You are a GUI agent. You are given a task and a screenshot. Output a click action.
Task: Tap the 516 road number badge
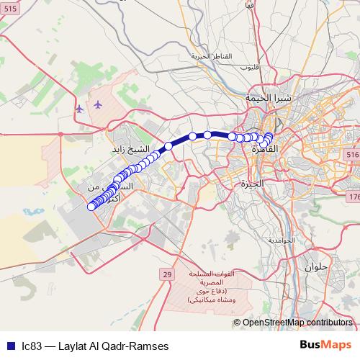coord(352,155)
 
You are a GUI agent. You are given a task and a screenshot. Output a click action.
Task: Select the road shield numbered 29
coord(167,274)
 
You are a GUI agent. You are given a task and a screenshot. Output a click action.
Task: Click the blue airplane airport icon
coord(80,109)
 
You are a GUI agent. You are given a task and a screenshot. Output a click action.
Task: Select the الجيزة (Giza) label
coord(253,184)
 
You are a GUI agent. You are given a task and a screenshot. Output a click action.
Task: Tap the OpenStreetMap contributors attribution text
coord(297,323)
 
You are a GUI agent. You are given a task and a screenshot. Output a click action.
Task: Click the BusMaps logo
coord(326,345)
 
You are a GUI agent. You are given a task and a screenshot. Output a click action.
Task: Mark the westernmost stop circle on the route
coord(91,207)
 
